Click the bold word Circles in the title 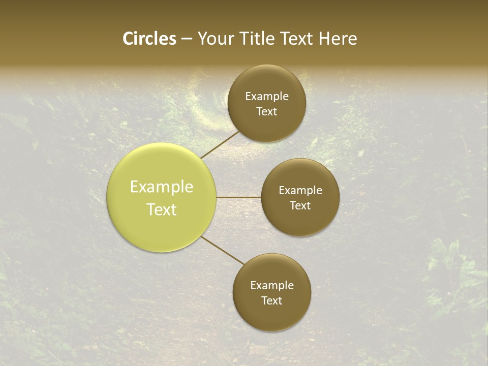point(149,39)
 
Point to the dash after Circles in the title point(187,39)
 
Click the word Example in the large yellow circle point(162,187)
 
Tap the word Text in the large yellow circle point(162,209)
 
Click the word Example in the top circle point(267,97)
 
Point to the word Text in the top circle point(266,112)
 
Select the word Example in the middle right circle point(300,191)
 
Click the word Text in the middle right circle point(300,206)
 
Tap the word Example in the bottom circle point(272,286)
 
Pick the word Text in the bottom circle point(271,301)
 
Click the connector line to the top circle point(220,145)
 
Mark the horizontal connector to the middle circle point(239,197)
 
